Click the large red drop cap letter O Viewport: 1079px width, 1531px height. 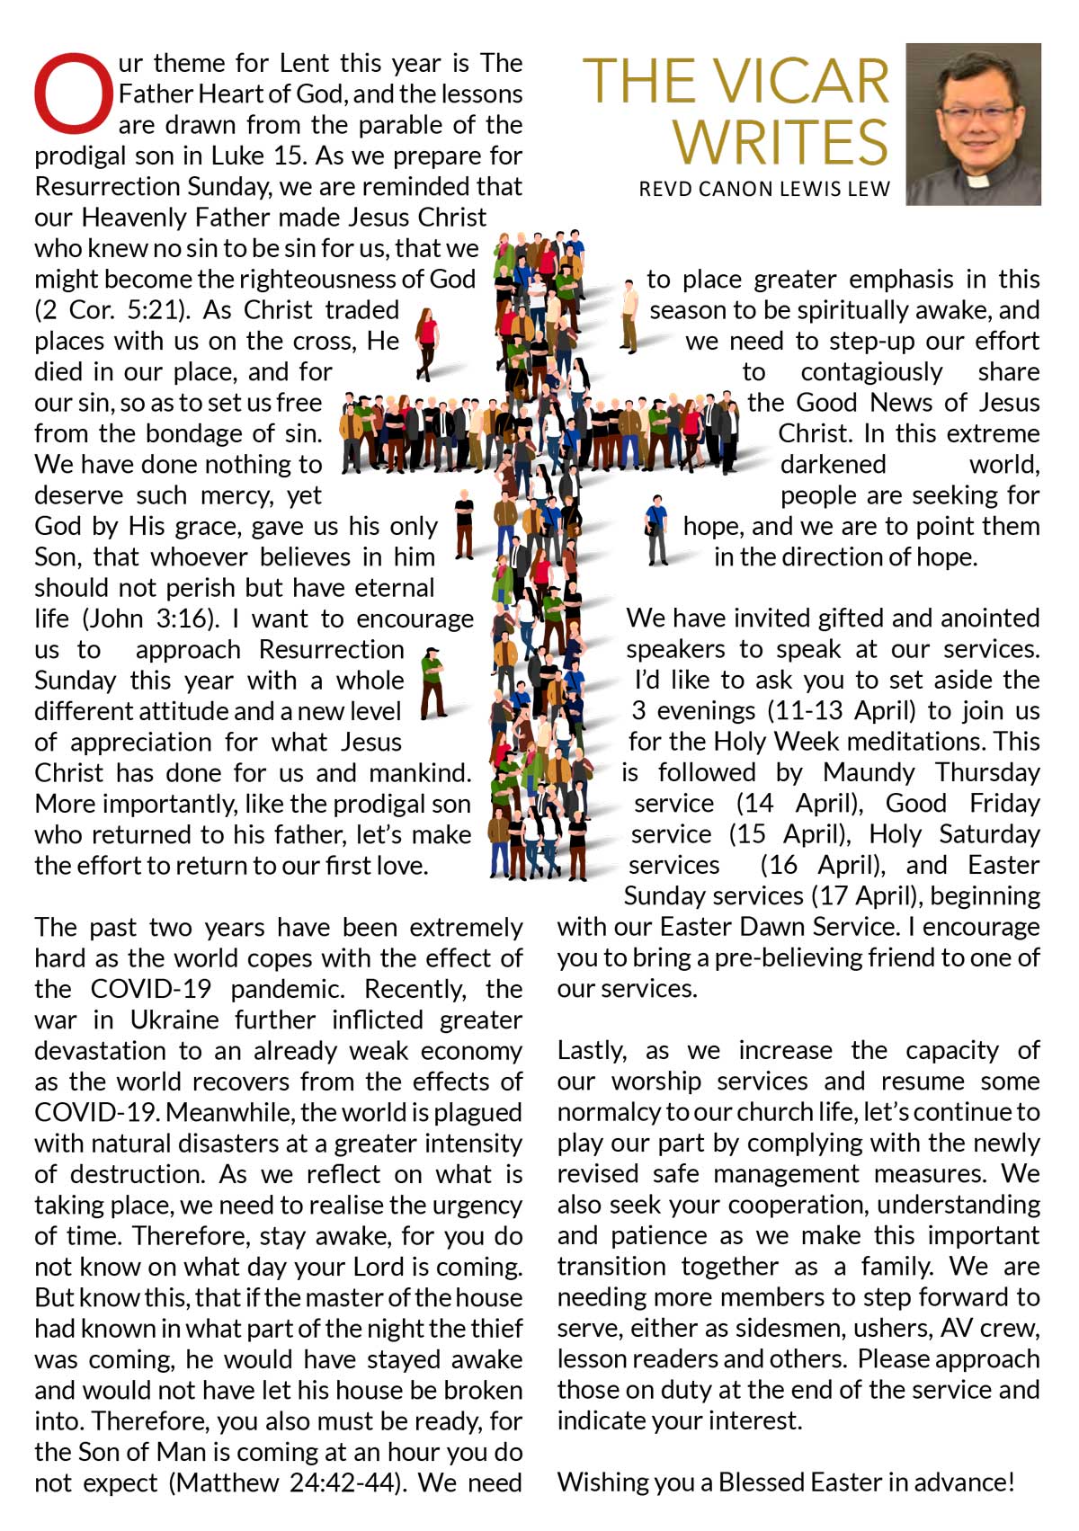coord(75,93)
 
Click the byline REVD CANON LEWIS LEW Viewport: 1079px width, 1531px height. coord(764,189)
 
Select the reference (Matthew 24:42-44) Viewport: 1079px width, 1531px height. coord(286,1482)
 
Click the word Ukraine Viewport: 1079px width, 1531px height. coord(174,1020)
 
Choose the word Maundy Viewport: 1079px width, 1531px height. coord(868,773)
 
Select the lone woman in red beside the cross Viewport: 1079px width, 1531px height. coord(426,342)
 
